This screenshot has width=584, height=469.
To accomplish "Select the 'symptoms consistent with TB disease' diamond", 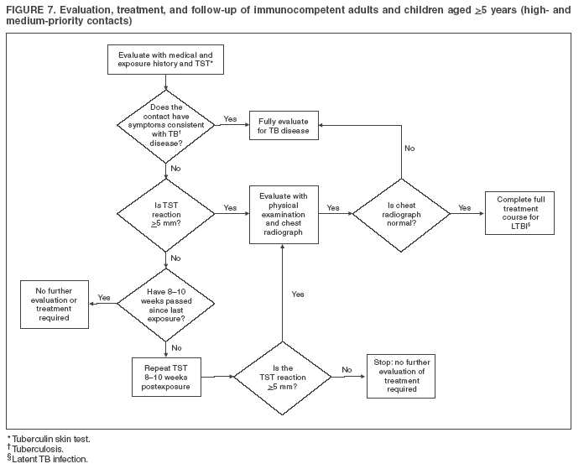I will tap(165, 126).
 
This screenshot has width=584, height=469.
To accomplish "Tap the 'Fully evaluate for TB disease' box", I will tap(284, 126).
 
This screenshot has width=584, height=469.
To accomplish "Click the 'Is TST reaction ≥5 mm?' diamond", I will tap(165, 213).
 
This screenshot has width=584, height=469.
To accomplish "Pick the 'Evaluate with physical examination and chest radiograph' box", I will tap(284, 214).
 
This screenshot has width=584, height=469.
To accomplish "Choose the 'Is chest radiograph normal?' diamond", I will tap(402, 214).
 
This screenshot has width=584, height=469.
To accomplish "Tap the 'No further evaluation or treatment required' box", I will tap(55, 305).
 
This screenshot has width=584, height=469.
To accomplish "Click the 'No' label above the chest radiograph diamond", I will tap(409, 148).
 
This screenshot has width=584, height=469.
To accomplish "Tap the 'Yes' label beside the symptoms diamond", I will tap(230, 119).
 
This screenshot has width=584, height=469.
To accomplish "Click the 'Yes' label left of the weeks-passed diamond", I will tap(104, 297).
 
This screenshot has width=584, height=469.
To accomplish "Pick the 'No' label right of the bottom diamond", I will tap(346, 369).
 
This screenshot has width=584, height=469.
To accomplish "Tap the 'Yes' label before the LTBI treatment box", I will tap(464, 207).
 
